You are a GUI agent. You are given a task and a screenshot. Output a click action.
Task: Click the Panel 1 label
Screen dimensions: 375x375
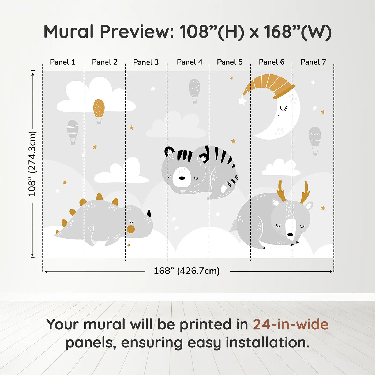click(x=62, y=62)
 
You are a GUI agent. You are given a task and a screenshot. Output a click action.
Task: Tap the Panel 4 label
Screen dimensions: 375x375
click(x=189, y=62)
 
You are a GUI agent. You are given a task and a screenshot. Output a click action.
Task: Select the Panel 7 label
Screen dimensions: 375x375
click(x=313, y=62)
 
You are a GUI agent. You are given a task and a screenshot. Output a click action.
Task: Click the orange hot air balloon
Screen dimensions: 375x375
click(x=99, y=110)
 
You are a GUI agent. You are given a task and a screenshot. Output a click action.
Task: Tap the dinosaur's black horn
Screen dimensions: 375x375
click(x=148, y=213)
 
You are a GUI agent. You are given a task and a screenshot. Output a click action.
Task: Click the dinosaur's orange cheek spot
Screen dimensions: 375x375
click(x=131, y=229)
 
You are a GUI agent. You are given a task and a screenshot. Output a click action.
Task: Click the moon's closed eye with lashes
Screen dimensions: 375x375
click(x=284, y=108)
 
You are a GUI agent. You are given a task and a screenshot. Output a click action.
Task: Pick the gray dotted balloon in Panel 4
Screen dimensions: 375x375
click(x=194, y=90)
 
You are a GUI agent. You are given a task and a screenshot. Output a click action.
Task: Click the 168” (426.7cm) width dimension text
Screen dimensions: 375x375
click(x=187, y=271)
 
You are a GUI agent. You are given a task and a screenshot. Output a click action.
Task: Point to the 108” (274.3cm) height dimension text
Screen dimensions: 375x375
click(x=32, y=164)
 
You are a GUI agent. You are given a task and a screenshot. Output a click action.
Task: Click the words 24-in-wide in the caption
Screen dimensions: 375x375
click(x=291, y=325)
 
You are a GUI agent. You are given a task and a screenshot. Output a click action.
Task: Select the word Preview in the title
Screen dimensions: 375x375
click(x=137, y=32)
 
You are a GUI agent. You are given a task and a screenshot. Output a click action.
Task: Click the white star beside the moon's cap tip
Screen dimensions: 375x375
click(x=242, y=101)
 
